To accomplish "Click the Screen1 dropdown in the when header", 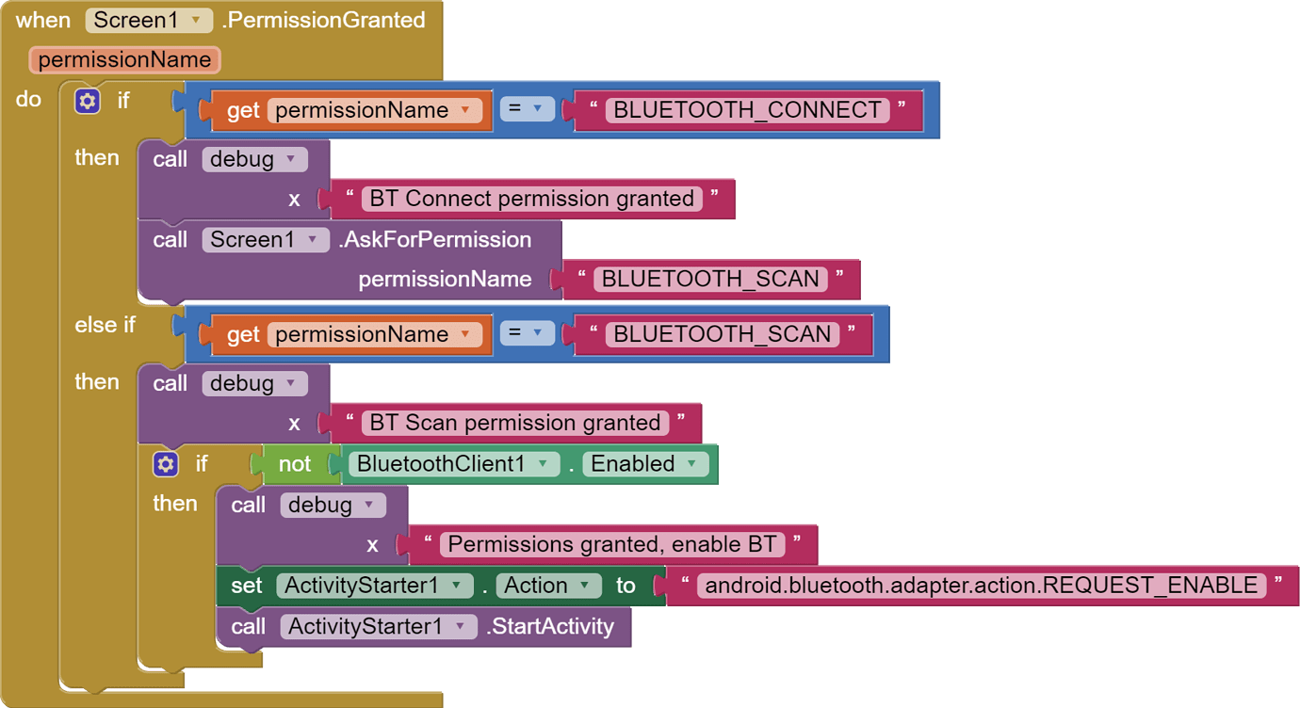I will click(x=149, y=20).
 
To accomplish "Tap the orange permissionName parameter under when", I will click(x=124, y=60).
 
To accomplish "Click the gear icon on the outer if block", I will click(x=88, y=101).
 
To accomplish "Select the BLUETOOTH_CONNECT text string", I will click(x=747, y=110).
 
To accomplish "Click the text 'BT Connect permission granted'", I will click(x=531, y=199).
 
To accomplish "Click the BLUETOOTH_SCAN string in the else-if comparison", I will click(x=722, y=334).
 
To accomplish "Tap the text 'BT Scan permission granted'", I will click(x=514, y=423).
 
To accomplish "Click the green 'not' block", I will click(x=294, y=464).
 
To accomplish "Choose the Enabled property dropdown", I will click(x=645, y=464).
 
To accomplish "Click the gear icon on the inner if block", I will click(x=166, y=464).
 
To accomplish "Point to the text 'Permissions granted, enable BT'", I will click(x=611, y=544).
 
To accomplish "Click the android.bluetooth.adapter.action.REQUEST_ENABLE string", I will click(x=981, y=586).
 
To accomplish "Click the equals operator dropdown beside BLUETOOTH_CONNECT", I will click(x=527, y=109).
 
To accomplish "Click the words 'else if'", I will click(x=105, y=325).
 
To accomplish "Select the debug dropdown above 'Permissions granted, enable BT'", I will click(x=333, y=505).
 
